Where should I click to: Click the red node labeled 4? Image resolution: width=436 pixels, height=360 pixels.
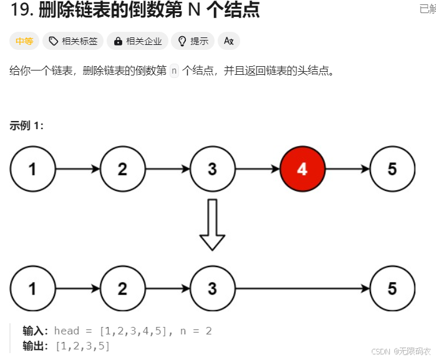pyautogui.click(x=303, y=169)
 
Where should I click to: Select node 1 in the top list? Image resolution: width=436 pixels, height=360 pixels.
pyautogui.click(x=32, y=169)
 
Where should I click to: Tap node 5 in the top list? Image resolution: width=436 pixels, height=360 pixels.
pyautogui.click(x=392, y=169)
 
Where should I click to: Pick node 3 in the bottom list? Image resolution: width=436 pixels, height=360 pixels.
pyautogui.click(x=212, y=288)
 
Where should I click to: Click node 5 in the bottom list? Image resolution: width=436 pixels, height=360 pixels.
pyautogui.click(x=392, y=288)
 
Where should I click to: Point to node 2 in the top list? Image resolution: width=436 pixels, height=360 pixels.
pyautogui.click(x=122, y=169)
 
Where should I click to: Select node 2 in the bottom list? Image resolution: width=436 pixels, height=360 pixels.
pyautogui.click(x=122, y=288)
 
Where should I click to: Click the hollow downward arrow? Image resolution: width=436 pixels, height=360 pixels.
pyautogui.click(x=212, y=225)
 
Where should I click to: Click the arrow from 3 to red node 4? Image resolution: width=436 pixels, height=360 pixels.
pyautogui.click(x=257, y=169)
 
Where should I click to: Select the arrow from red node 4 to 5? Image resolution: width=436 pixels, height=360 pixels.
pyautogui.click(x=347, y=169)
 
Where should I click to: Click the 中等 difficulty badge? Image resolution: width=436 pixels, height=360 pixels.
pyautogui.click(x=24, y=41)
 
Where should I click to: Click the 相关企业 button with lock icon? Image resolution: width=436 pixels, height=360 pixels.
pyautogui.click(x=138, y=41)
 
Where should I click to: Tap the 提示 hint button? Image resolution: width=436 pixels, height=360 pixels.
pyautogui.click(x=193, y=41)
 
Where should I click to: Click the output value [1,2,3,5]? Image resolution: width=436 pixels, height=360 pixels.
pyautogui.click(x=82, y=345)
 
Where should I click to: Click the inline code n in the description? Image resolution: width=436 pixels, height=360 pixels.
pyautogui.click(x=174, y=71)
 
